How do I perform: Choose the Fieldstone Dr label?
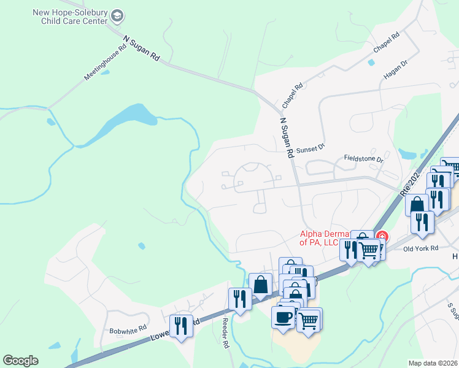coord(363,159)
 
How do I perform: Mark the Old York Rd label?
coord(421,248)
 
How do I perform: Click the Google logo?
coord(20,361)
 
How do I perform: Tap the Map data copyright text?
coord(433,363)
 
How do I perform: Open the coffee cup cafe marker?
coord(283,318)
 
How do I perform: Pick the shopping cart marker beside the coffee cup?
coord(309,319)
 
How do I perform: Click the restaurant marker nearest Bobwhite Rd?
coord(181,325)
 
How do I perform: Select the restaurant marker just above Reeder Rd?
coord(239,299)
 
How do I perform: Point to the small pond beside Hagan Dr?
coord(371,62)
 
